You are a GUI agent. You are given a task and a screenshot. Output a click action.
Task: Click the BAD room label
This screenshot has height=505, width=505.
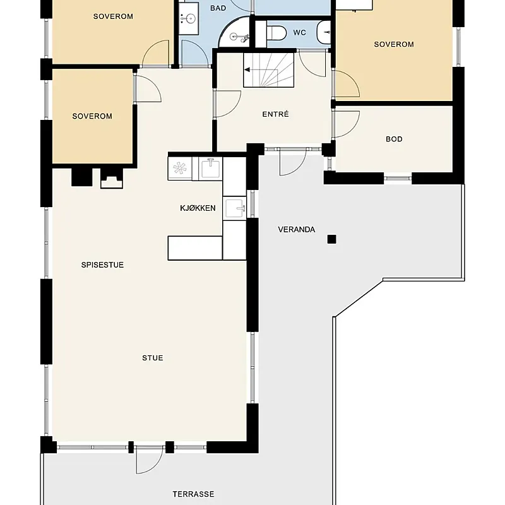click(218, 8)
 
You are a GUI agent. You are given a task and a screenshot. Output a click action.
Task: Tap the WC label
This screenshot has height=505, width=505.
click(299, 33)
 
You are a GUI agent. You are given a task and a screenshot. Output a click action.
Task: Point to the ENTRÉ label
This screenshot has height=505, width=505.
click(275, 114)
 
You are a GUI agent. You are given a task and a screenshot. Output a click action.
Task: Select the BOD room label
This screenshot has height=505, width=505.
click(394, 139)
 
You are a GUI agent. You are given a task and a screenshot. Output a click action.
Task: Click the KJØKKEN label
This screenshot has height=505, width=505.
click(198, 208)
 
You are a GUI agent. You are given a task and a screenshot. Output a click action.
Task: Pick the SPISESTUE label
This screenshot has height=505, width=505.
click(102, 264)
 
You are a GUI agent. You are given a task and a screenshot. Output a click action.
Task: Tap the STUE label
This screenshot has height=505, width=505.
click(153, 358)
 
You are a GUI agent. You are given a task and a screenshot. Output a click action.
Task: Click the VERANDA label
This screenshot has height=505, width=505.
click(296, 230)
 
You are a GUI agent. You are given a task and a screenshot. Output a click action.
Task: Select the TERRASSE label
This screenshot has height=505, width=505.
click(193, 494)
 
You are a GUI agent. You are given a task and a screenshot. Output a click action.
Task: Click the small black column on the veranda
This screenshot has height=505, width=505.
click(332, 239)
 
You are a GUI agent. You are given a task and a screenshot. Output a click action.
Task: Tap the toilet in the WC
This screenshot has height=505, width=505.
click(276, 33)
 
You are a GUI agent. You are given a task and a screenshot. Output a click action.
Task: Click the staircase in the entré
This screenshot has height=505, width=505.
click(269, 70)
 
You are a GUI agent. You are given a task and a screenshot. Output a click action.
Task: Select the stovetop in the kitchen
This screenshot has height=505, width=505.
click(180, 169)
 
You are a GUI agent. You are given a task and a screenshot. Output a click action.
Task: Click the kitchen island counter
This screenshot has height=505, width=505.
click(195, 248)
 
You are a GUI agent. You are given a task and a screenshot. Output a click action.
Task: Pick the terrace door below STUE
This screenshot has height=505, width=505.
click(149, 460)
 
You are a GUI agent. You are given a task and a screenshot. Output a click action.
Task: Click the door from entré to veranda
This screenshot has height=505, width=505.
click(292, 162)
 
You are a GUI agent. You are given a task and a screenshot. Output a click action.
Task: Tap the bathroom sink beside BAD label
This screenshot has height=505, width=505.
click(188, 18)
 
